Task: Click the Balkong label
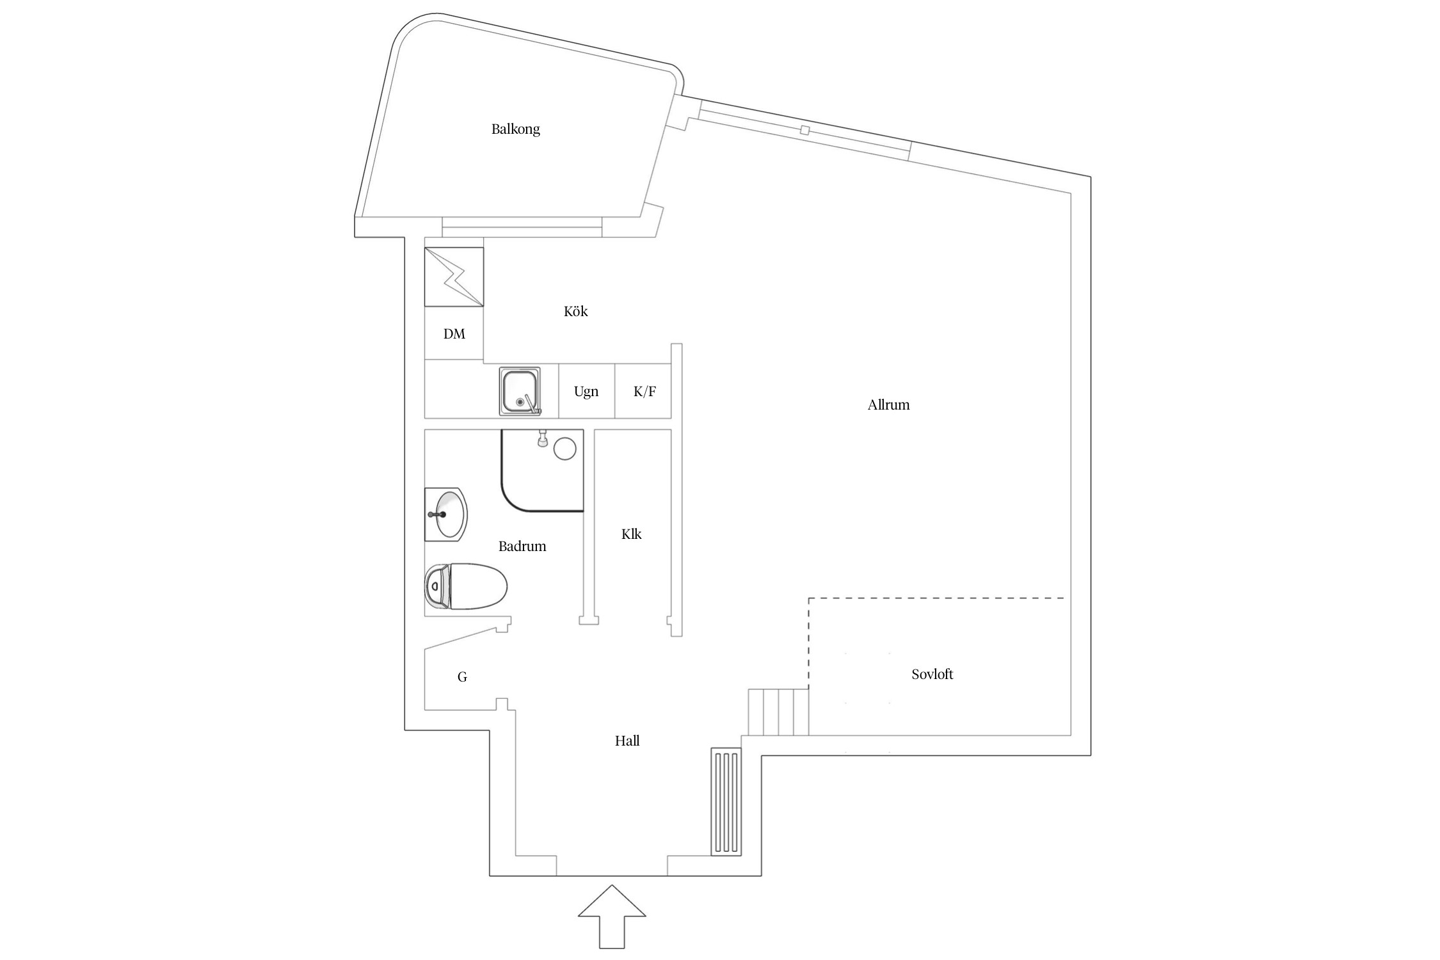(x=515, y=129)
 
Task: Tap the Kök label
(x=575, y=312)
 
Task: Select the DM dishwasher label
(x=454, y=334)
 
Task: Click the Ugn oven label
(x=586, y=392)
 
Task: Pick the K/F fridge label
(x=644, y=392)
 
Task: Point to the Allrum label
(x=888, y=405)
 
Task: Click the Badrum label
(x=522, y=547)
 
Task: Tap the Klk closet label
(x=631, y=534)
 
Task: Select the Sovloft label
(x=932, y=675)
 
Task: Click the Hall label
(x=627, y=741)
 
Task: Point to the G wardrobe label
(x=462, y=677)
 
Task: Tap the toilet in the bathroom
(x=466, y=586)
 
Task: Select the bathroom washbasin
(x=446, y=515)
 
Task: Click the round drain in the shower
(x=564, y=449)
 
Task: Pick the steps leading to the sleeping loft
(x=778, y=712)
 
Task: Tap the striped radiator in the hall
(x=726, y=802)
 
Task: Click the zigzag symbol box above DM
(x=454, y=276)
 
